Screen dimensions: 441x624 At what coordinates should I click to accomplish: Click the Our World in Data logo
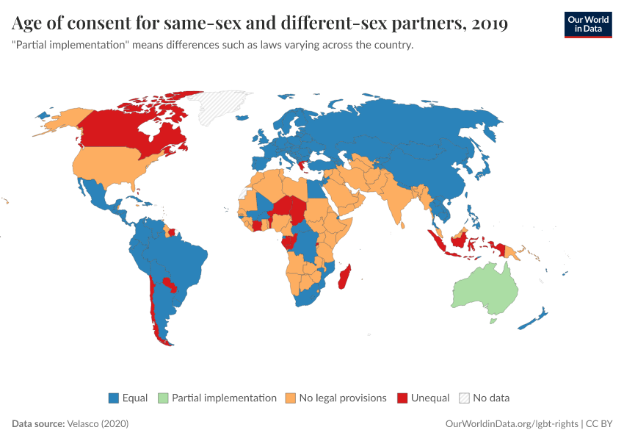pos(587,24)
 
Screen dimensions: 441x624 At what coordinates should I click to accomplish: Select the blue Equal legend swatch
pos(114,398)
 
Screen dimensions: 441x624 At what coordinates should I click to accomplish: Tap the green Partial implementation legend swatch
pos(163,398)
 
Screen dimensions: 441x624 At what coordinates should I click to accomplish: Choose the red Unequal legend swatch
pos(402,398)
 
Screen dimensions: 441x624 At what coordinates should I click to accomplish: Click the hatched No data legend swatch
pos(464,398)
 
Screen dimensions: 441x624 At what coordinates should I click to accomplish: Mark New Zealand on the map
pos(533,320)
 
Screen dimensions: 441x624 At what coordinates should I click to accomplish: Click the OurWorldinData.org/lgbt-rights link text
pos(512,423)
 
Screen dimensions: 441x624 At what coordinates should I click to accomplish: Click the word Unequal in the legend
pos(430,398)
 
